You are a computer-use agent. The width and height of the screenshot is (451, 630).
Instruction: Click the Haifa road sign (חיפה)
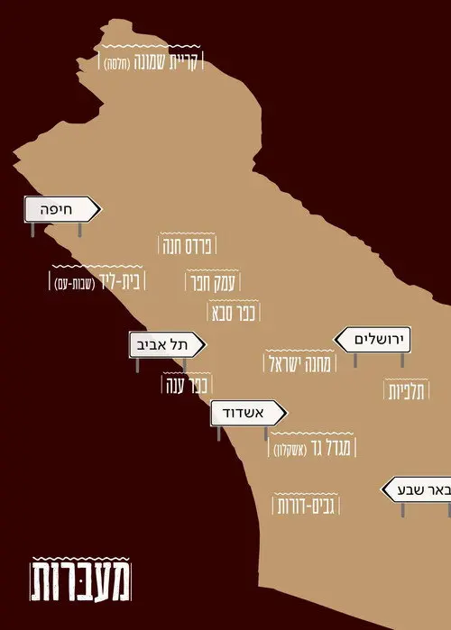(61, 211)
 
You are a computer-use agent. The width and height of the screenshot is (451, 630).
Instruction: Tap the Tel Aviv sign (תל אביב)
(167, 344)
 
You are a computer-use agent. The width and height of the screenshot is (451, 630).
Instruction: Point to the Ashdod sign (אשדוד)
(248, 414)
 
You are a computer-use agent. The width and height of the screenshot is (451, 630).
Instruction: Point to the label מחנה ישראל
(300, 364)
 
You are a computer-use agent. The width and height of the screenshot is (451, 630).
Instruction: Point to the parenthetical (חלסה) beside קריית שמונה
(120, 62)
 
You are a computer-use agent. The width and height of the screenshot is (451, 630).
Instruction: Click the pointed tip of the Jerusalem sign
(336, 340)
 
